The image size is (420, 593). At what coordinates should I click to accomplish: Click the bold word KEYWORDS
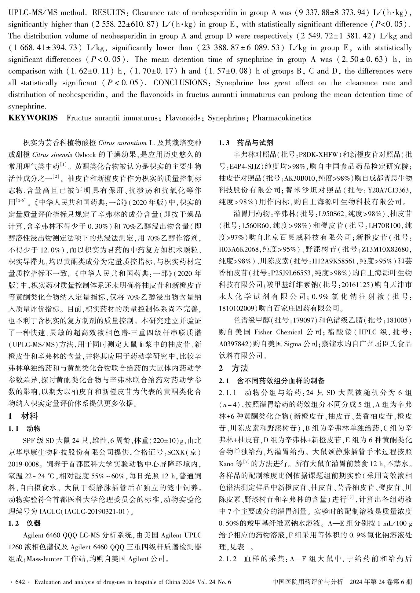click(33, 118)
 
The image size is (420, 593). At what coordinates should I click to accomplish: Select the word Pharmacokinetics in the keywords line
click(282, 118)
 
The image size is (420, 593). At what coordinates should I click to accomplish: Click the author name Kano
click(226, 464)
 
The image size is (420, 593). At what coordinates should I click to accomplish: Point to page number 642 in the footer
click(20, 582)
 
